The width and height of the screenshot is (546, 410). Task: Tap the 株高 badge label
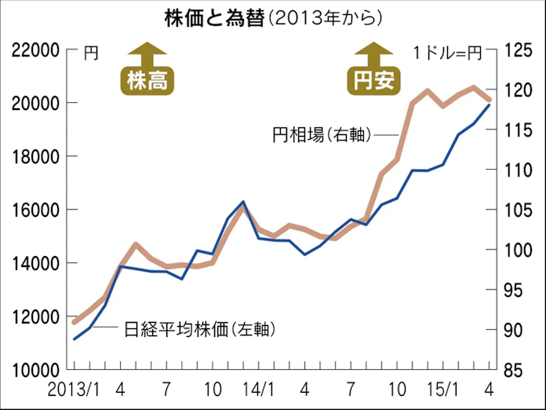pyautogui.click(x=147, y=80)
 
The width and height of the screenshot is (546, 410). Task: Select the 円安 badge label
pyautogui.click(x=373, y=80)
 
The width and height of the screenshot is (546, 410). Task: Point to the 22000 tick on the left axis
pyautogui.click(x=36, y=51)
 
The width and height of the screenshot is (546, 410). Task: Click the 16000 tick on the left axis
pyautogui.click(x=36, y=210)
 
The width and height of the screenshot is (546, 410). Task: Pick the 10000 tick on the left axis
pyautogui.click(x=36, y=369)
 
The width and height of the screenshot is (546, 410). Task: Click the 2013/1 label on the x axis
pyautogui.click(x=72, y=389)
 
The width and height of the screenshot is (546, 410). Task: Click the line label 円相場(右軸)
pyautogui.click(x=321, y=135)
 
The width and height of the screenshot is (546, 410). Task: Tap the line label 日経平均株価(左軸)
pyautogui.click(x=199, y=329)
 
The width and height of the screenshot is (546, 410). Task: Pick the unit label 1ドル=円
pyautogui.click(x=447, y=53)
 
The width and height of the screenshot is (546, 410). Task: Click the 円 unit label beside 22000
pyautogui.click(x=91, y=53)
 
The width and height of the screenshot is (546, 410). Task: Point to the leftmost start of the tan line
pyautogui.click(x=74, y=322)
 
